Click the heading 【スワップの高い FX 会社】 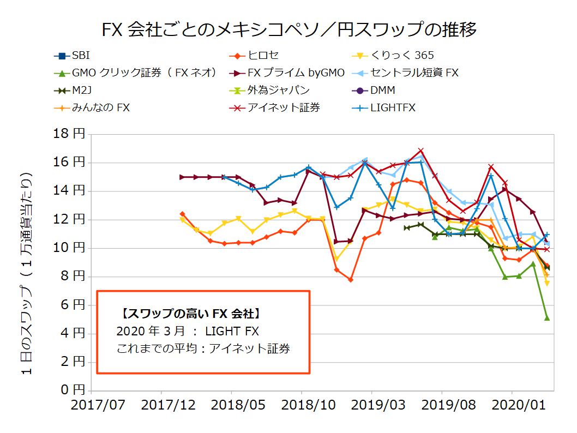188,314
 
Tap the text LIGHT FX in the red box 232,332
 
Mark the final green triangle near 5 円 547,317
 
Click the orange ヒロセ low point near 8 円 350,280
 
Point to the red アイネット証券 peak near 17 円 420,151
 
